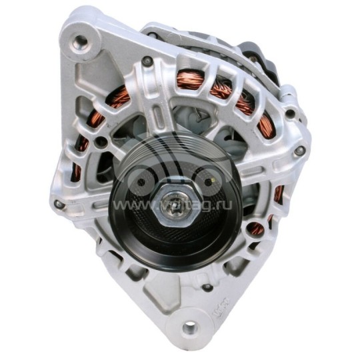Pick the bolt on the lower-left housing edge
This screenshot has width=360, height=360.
tap(59, 204)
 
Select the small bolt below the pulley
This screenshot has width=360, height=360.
tap(207, 287)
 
